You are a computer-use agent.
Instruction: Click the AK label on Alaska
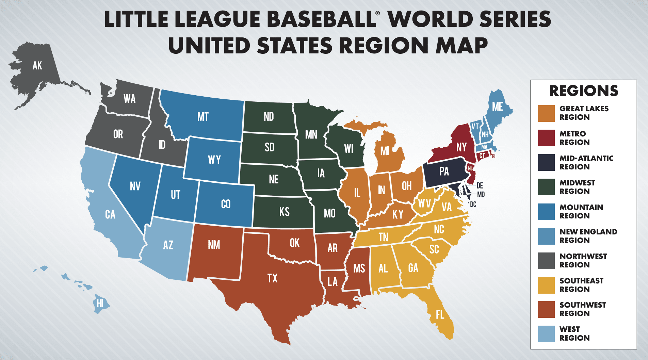click(x=37, y=65)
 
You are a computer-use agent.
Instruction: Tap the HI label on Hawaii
click(x=100, y=303)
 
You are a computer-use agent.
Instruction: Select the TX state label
click(x=272, y=278)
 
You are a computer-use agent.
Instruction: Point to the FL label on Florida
click(x=440, y=315)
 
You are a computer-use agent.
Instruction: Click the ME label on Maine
click(x=497, y=107)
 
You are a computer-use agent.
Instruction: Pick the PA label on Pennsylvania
click(x=444, y=171)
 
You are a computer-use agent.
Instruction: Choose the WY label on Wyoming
click(x=214, y=160)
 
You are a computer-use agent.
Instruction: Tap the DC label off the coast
click(x=473, y=204)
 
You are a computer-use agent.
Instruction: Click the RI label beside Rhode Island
click(x=494, y=156)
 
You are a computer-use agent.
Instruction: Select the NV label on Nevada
click(x=135, y=186)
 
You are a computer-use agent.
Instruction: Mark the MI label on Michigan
click(x=385, y=151)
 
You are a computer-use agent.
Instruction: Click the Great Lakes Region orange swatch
click(x=546, y=113)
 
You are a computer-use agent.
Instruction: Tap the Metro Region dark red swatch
click(x=546, y=138)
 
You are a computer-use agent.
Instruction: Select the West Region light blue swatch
click(x=546, y=334)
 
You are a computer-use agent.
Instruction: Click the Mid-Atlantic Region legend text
click(x=586, y=162)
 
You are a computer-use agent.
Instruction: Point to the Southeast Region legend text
click(x=581, y=285)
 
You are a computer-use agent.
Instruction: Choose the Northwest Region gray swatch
click(x=546, y=261)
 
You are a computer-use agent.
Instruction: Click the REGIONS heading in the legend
click(x=583, y=91)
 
